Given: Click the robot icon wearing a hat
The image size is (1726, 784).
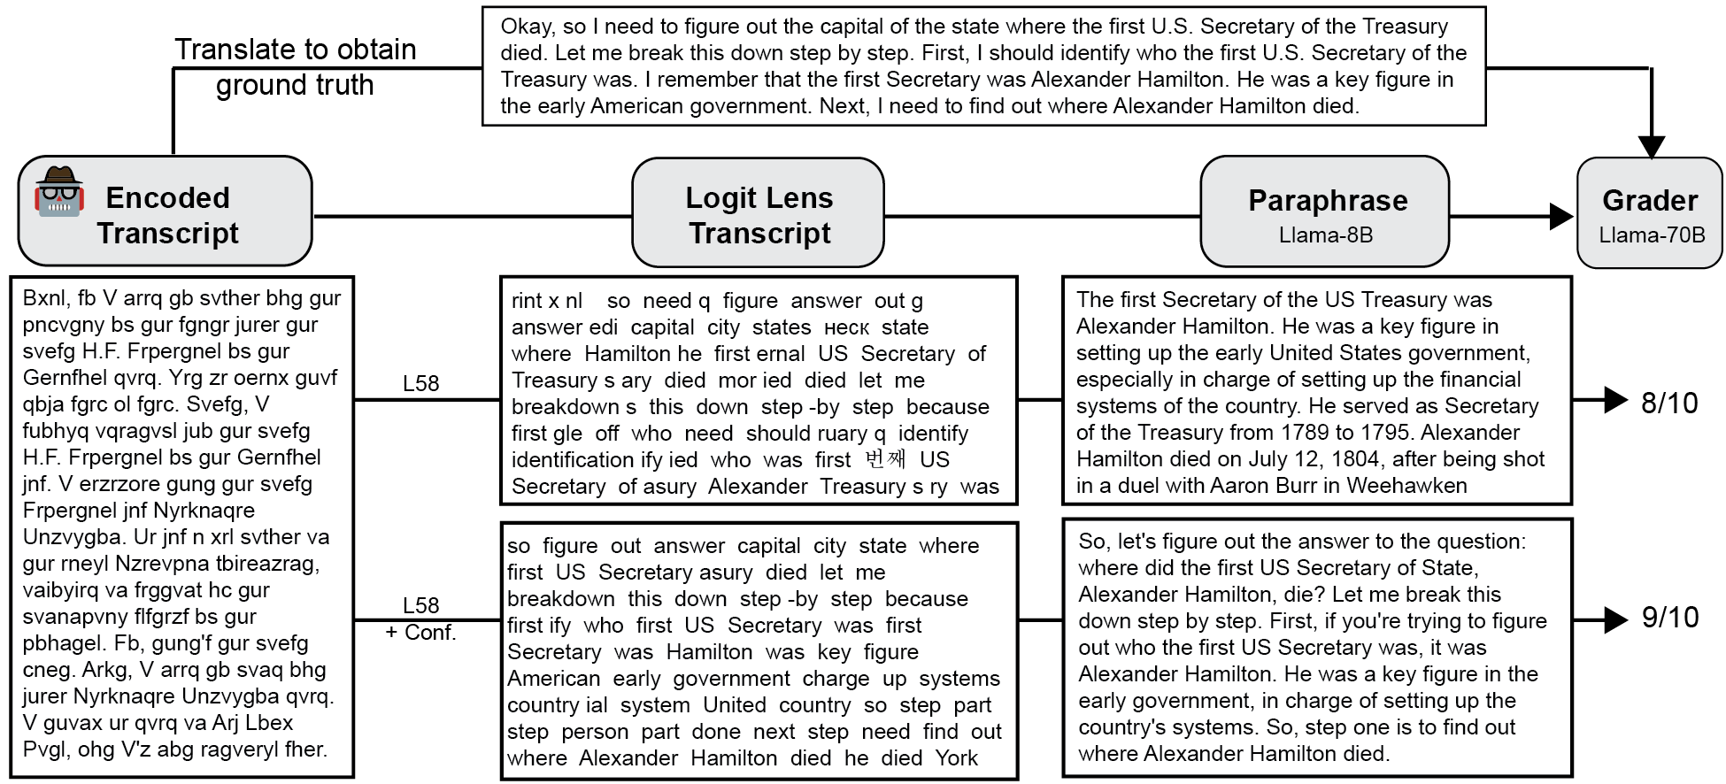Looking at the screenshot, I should point(58,191).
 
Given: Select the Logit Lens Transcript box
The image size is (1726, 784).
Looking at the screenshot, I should point(759,213).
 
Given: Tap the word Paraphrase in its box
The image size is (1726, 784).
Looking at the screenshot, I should point(1327,201).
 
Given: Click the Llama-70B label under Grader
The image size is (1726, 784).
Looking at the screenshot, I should point(1651,235).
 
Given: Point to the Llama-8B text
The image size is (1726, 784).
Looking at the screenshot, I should point(1325,235).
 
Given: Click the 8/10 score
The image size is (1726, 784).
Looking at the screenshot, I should point(1669,403).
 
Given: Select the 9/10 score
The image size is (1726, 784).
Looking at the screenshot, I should point(1669,617).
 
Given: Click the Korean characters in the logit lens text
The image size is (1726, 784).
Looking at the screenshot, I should point(885,459).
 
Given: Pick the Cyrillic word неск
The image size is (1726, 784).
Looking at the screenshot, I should point(846,327).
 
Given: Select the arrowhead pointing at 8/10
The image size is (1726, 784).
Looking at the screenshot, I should point(1615,401).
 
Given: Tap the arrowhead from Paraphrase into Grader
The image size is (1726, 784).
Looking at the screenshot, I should point(1561,216).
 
